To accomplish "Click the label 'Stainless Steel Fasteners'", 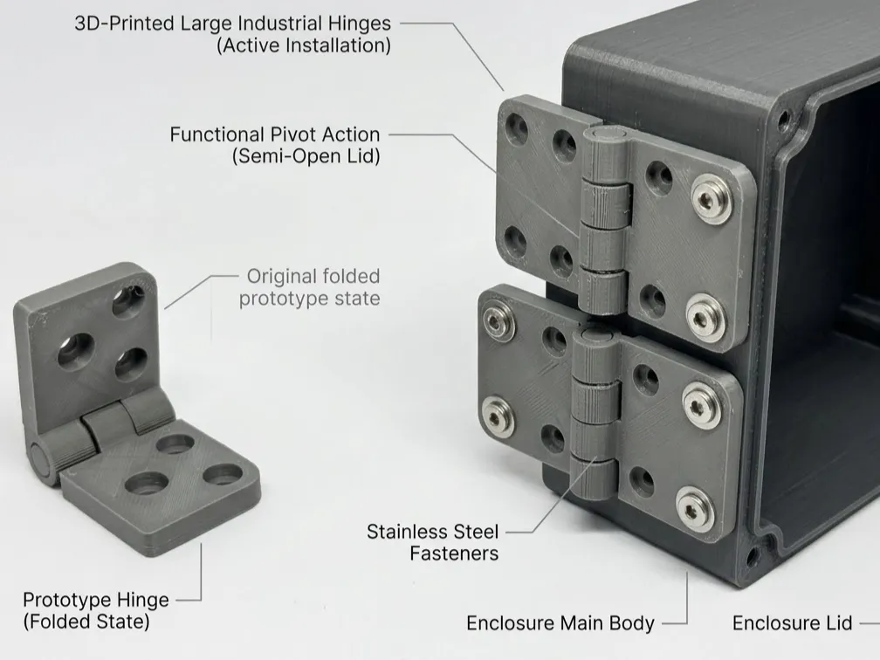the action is tap(433, 542).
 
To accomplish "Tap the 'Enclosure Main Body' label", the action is tap(560, 623).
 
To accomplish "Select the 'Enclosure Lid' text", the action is tap(793, 623).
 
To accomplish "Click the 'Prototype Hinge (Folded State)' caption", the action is tap(96, 610).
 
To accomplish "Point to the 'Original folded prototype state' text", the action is tap(310, 286).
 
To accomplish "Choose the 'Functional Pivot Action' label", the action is tap(275, 134).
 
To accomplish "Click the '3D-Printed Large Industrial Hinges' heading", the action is tap(232, 24).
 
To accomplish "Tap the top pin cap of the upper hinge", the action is tap(606, 134).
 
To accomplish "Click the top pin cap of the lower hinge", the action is tap(596, 336).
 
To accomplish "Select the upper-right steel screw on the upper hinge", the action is tap(712, 199).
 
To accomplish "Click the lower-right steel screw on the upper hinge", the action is tap(705, 318).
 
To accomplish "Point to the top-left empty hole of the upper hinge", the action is tap(516, 128).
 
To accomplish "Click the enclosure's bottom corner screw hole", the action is tap(753, 556).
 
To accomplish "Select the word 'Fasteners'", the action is tap(454, 553).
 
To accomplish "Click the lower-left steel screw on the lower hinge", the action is tap(498, 417).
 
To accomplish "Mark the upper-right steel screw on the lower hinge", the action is tap(702, 406).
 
